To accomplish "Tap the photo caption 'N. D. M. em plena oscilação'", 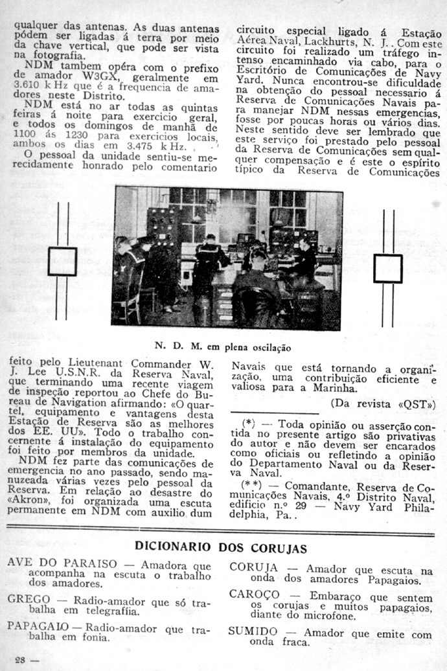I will pos(223,347).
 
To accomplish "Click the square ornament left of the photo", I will pos(62,262).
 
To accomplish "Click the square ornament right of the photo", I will pos(387,268).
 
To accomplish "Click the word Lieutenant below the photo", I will pos(97,364).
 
